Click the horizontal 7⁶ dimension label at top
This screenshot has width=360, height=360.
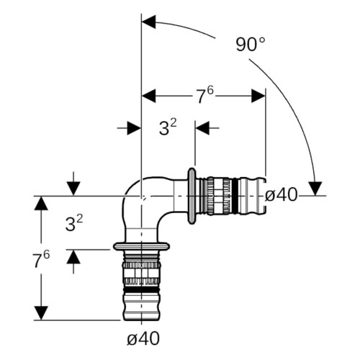click(x=204, y=95)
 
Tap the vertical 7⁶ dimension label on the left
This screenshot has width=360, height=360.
click(x=41, y=260)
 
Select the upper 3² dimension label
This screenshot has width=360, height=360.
click(x=168, y=127)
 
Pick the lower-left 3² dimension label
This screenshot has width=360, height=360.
click(x=74, y=223)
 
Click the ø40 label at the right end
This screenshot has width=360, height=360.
click(x=281, y=194)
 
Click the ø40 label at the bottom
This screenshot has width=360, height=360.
click(x=143, y=338)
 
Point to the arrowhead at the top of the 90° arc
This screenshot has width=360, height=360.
click(x=149, y=22)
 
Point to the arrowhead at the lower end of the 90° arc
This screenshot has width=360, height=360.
click(x=315, y=189)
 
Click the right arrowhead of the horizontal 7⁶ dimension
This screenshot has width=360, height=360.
click(x=258, y=96)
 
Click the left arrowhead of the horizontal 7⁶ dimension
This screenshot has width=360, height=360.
click(x=149, y=96)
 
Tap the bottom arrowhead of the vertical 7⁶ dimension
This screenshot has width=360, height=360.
click(x=41, y=313)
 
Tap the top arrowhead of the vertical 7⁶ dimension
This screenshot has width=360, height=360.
click(x=41, y=203)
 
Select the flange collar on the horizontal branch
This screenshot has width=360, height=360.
click(x=192, y=196)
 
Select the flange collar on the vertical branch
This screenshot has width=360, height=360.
click(x=142, y=246)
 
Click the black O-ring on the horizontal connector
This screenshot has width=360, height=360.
click(x=235, y=196)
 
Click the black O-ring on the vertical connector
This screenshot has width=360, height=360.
click(x=142, y=290)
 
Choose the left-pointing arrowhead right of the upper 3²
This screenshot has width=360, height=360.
click(x=202, y=128)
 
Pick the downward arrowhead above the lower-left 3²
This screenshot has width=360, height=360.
click(x=73, y=189)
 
